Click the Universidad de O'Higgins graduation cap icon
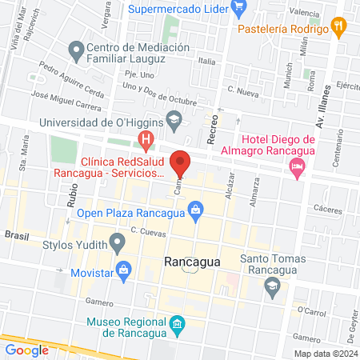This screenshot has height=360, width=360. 173,122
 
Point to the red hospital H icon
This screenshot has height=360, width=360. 146,142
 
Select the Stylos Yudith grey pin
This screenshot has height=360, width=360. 118,241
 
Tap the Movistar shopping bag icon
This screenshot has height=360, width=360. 123,270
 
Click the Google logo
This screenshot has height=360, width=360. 26,350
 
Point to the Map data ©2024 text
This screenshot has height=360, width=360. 325,353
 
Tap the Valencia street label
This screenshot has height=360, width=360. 304,12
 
